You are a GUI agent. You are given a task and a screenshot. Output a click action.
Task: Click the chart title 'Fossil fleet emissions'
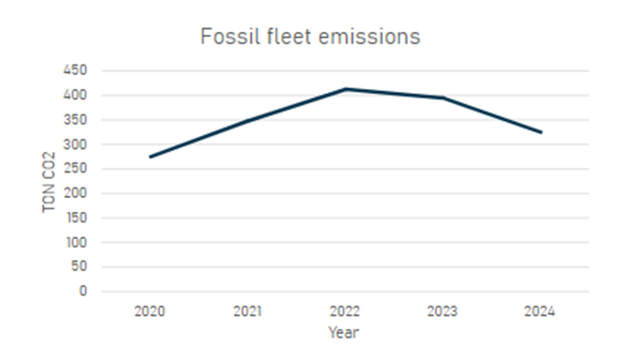(x=310, y=37)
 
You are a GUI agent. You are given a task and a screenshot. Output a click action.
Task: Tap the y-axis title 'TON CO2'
(x=49, y=182)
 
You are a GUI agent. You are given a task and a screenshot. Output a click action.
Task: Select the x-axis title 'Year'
(x=343, y=333)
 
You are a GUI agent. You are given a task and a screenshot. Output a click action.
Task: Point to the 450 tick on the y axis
(x=75, y=70)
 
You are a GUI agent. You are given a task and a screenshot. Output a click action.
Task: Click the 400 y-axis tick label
(x=75, y=96)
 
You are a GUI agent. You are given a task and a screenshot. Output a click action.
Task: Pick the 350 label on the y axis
(x=75, y=120)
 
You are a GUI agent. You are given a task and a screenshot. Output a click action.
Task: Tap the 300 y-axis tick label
(x=75, y=144)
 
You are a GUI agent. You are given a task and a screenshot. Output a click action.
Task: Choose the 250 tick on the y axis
(x=75, y=169)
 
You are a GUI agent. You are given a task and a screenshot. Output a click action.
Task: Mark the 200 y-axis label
(x=75, y=193)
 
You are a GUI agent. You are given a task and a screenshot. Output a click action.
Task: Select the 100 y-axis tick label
(x=77, y=243)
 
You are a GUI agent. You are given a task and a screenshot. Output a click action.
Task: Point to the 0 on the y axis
(x=83, y=291)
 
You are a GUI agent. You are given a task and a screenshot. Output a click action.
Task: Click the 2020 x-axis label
(x=150, y=311)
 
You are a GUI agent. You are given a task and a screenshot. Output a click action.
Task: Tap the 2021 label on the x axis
(x=248, y=311)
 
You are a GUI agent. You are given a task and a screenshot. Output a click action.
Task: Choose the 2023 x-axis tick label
(x=443, y=311)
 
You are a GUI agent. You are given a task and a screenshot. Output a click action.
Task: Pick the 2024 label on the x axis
(x=540, y=311)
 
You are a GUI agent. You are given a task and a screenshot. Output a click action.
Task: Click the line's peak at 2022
(x=345, y=89)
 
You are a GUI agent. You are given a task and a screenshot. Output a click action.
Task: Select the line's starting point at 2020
(x=150, y=157)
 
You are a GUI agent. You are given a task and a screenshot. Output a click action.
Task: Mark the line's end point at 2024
(x=541, y=132)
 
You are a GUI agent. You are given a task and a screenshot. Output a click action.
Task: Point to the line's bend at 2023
(x=444, y=97)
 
